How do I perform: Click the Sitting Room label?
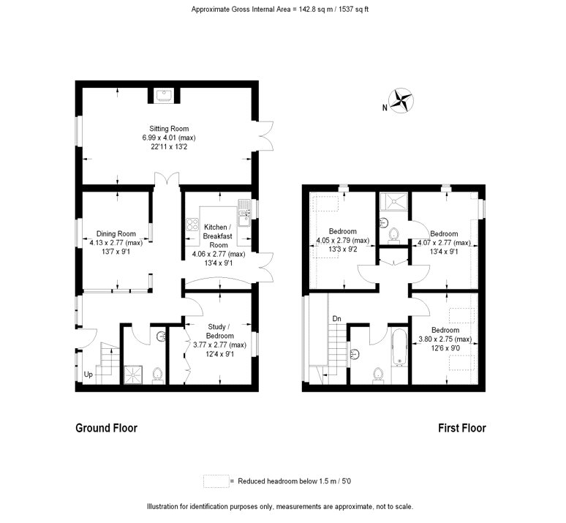point(169,129)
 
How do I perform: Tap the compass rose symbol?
point(401,100)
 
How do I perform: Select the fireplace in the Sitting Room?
point(164,96)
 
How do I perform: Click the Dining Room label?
point(116,233)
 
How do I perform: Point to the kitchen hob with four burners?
point(192,225)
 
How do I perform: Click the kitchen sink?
point(244,213)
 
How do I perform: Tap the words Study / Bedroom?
point(218,331)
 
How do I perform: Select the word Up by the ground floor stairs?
point(88,375)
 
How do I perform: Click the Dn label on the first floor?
point(336,319)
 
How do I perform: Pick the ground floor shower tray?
point(134,375)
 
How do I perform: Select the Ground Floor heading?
point(107,428)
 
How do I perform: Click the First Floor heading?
point(462,428)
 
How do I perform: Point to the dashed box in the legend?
point(216,481)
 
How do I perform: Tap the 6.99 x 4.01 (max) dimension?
point(169,138)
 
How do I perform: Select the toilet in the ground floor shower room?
point(157,376)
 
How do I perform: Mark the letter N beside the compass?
point(385,108)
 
